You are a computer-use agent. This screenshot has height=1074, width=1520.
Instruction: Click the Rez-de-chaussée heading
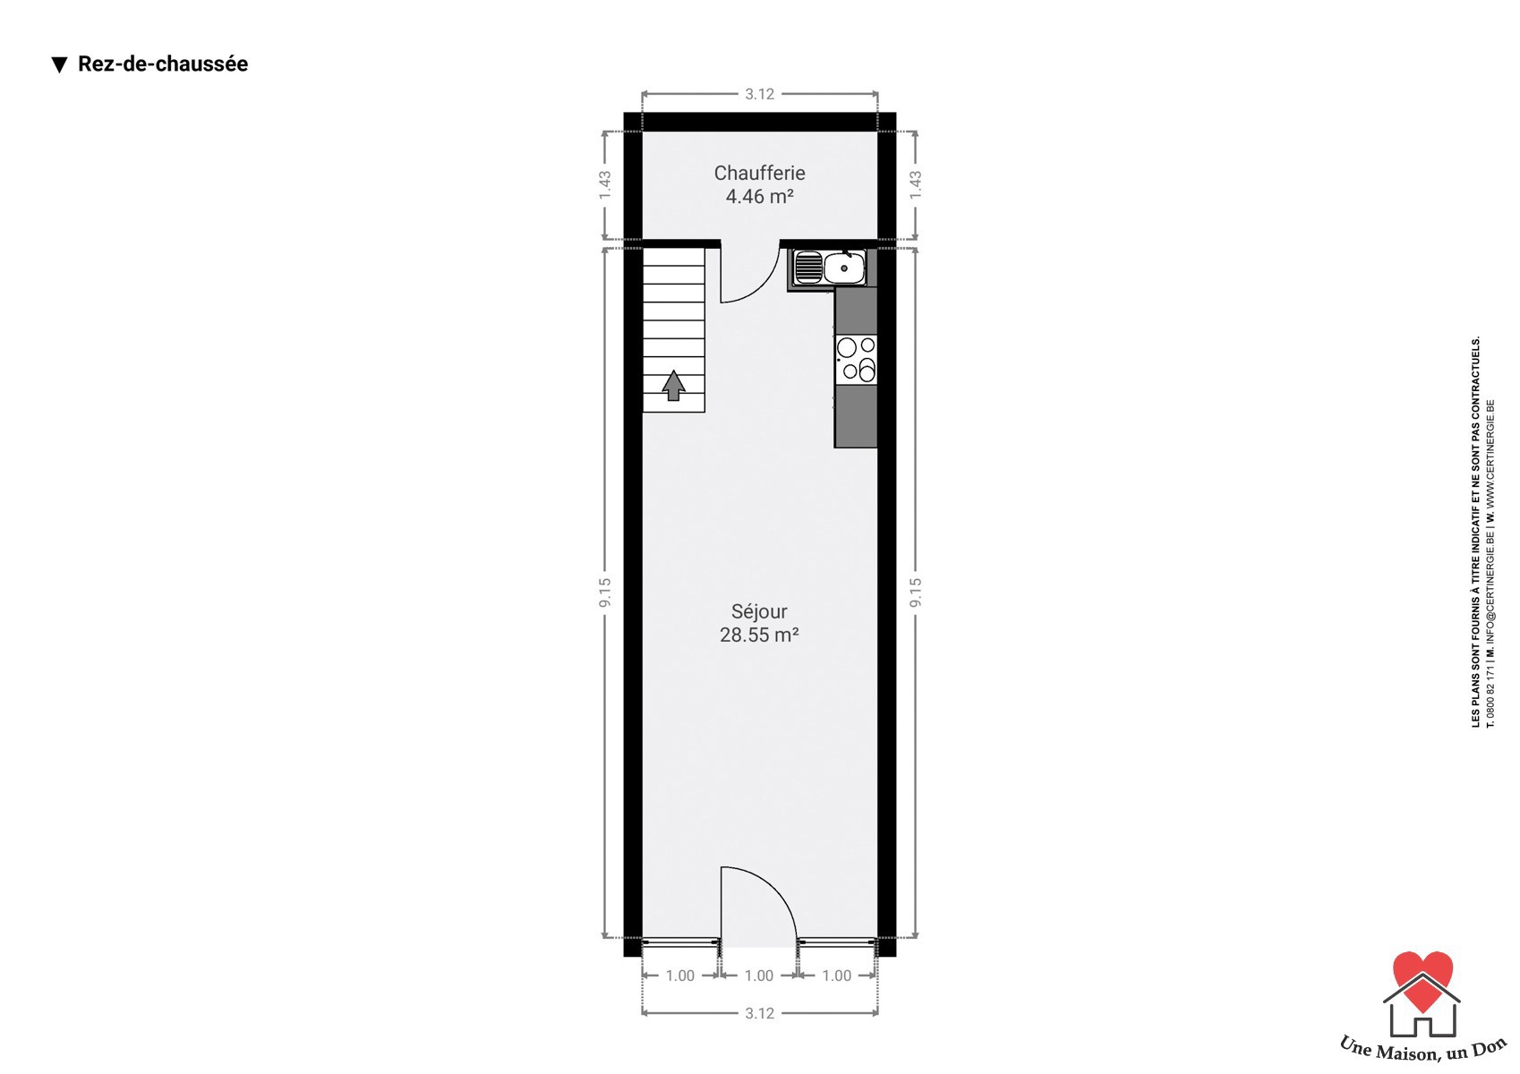click(163, 64)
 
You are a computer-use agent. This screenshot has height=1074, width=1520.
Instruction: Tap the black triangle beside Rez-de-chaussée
click(60, 65)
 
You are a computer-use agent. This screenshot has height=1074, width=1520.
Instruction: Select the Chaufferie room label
click(759, 173)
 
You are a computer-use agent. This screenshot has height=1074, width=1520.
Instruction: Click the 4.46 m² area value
click(759, 197)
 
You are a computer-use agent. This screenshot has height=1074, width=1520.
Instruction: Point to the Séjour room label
click(758, 611)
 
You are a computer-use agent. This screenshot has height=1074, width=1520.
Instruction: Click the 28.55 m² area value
click(758, 635)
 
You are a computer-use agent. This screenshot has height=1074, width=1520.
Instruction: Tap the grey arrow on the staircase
click(673, 386)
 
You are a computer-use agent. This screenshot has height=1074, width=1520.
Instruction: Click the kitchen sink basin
click(843, 268)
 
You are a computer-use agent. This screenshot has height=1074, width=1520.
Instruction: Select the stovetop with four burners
click(857, 360)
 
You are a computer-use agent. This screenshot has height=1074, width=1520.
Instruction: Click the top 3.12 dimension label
click(759, 94)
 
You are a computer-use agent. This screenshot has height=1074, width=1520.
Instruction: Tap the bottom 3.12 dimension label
click(759, 1014)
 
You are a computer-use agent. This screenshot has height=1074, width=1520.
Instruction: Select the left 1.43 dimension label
click(604, 184)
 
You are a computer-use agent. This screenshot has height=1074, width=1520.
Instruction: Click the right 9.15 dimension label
click(916, 592)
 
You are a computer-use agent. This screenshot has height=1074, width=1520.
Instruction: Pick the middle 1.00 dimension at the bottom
click(758, 976)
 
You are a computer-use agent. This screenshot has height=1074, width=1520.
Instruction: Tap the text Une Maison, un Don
click(1423, 1049)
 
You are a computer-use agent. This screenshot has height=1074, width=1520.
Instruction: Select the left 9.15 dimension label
click(604, 592)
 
